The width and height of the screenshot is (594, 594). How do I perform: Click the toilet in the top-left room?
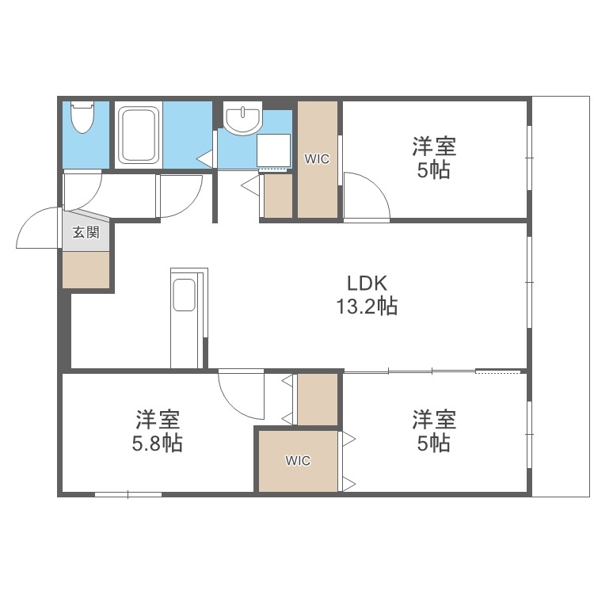pyautogui.click(x=81, y=120)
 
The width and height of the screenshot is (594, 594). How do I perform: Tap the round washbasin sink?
pyautogui.click(x=242, y=120)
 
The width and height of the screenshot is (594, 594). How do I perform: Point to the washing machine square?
pyautogui.click(x=275, y=150)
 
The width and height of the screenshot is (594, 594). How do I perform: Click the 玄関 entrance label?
pyautogui.click(x=86, y=233)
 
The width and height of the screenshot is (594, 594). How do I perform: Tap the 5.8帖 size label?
pyautogui.click(x=157, y=444)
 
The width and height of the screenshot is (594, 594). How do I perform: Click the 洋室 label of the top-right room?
pyautogui.click(x=434, y=147)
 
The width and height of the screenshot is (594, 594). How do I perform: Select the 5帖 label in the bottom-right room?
pyautogui.click(x=434, y=444)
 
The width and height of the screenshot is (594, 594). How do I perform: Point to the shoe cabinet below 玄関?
pyautogui.click(x=86, y=270)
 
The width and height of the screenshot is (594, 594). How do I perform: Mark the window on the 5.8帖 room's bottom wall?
pyautogui.click(x=128, y=494)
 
